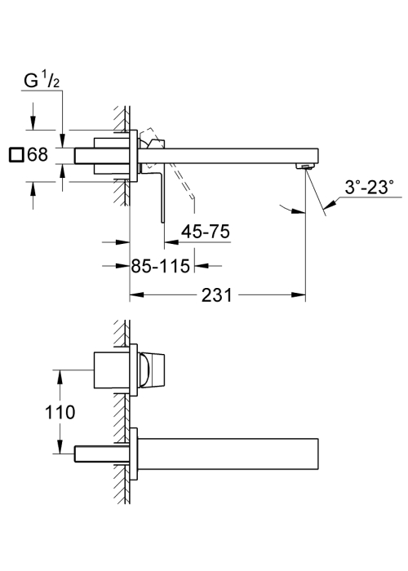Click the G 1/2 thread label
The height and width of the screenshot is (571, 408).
[x=42, y=81]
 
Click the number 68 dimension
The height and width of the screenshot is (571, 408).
[x=38, y=154]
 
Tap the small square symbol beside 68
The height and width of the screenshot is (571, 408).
[x=16, y=154]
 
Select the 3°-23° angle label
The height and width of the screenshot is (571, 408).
[x=370, y=188]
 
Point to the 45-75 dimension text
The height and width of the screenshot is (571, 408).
[x=206, y=231]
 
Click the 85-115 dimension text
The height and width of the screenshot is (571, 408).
[x=161, y=266]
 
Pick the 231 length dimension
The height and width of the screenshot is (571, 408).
[x=217, y=294]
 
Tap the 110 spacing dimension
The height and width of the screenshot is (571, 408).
[x=60, y=412]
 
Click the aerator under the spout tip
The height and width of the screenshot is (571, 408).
[x=305, y=166]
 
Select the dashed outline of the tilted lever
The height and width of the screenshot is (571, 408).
[x=171, y=164]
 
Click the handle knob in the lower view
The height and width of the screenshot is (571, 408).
[x=153, y=370]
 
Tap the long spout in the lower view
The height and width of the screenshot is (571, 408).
[x=228, y=454]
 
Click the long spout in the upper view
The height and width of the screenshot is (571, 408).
[x=228, y=156]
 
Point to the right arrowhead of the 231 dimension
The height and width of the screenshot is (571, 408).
[x=299, y=294]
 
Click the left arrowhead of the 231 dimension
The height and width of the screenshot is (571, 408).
[x=136, y=294]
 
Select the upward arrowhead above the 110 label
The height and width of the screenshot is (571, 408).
[x=60, y=377]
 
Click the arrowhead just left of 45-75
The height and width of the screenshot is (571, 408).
[x=171, y=241]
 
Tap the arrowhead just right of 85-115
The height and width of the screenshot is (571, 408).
[x=202, y=266]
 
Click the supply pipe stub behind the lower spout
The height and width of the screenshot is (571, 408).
[x=102, y=454]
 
